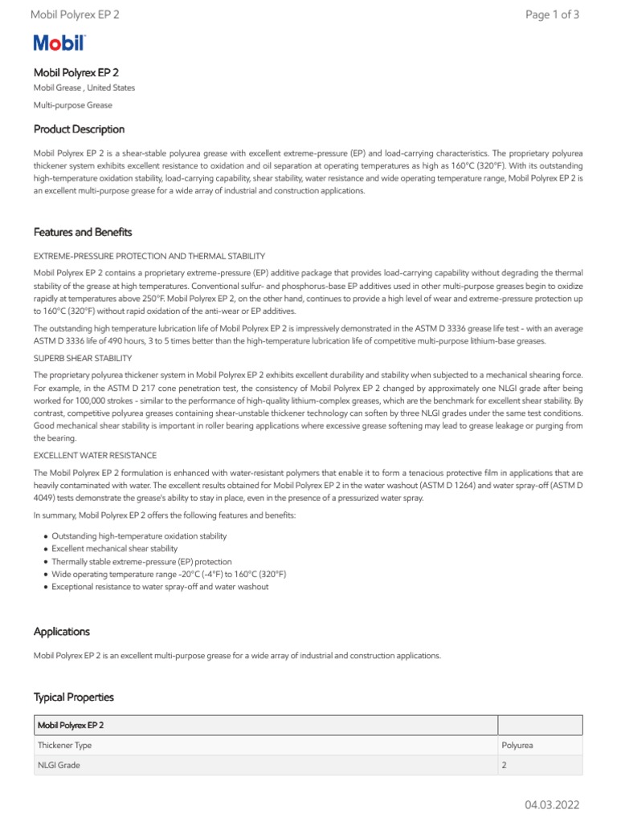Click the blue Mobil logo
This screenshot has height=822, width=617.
[59, 44]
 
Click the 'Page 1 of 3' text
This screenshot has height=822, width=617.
[551, 14]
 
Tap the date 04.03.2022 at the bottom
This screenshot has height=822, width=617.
[552, 804]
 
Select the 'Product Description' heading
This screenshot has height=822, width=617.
[79, 129]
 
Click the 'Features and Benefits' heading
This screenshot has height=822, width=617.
[83, 232]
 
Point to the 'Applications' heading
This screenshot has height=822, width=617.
[62, 632]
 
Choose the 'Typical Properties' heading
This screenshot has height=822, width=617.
[74, 697]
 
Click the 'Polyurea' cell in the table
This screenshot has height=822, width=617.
[517, 745]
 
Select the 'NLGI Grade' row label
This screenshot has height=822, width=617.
[59, 765]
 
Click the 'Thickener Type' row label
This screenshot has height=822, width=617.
[64, 745]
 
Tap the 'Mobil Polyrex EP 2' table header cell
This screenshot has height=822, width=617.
[71, 725]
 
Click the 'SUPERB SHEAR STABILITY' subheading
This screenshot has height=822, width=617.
[83, 358]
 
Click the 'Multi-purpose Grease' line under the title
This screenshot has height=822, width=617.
[72, 104]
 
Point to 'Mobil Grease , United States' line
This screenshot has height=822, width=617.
[84, 87]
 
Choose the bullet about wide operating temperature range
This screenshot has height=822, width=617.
[169, 574]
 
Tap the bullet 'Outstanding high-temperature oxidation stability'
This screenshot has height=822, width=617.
[139, 535]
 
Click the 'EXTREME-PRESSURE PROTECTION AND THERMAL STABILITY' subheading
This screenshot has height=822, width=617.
[149, 256]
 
